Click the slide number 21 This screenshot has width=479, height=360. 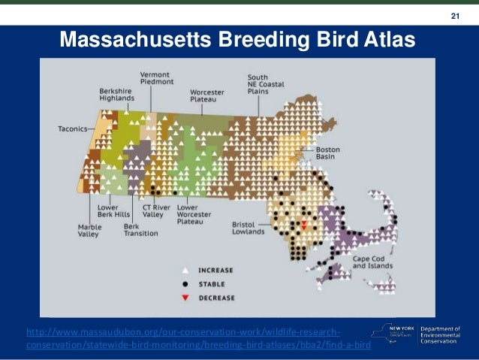coord(454,17)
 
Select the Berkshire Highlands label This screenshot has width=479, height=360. coord(118,95)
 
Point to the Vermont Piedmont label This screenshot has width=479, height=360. coord(155,78)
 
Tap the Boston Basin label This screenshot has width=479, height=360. coord(328,153)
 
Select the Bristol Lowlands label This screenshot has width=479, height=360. coord(249,227)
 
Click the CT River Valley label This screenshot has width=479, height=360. coord(153,210)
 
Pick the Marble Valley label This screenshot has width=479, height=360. coord(89,229)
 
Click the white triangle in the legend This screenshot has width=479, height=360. coord(185,270)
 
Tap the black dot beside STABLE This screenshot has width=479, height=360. coord(185,283)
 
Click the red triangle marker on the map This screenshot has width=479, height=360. coord(303,225)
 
